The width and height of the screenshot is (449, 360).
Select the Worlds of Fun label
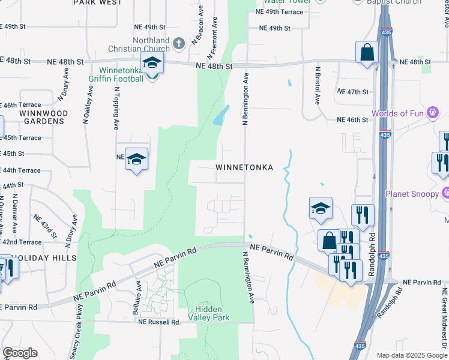pyautogui.click(x=397, y=113)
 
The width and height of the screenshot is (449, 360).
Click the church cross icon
pyautogui.click(x=179, y=43)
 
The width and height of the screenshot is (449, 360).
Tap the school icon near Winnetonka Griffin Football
pyautogui.click(x=152, y=63)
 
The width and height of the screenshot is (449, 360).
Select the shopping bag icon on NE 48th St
pyautogui.click(x=367, y=52)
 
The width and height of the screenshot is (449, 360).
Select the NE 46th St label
pyautogui.click(x=353, y=120)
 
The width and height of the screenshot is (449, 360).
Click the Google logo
pyautogui.click(x=20, y=353)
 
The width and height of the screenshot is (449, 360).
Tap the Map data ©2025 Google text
pyautogui.click(x=411, y=355)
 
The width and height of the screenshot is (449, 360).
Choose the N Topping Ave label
pyautogui.click(x=116, y=108)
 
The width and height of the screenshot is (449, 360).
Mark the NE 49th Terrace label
pyautogui.click(x=279, y=11)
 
